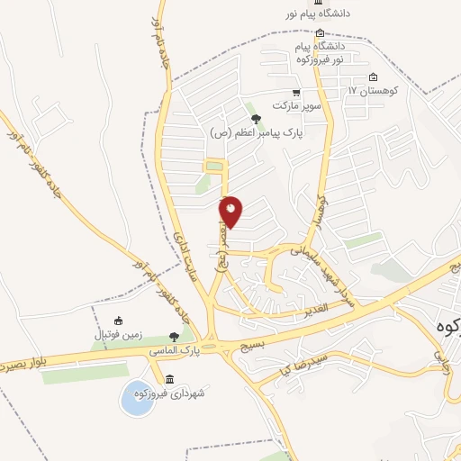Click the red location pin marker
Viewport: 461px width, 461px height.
click(x=231, y=211)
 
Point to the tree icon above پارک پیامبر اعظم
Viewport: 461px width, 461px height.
click(x=256, y=118)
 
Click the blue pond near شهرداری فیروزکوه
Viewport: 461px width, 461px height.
click(x=136, y=401)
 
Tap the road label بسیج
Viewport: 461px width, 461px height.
click(x=254, y=345)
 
